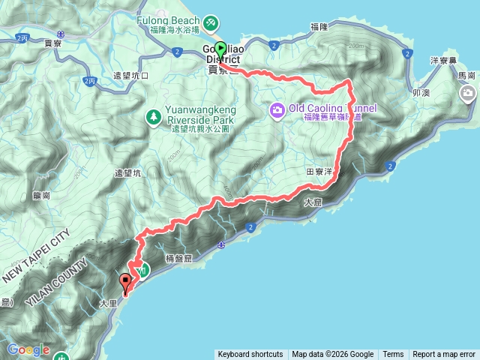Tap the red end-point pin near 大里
coord(126,282)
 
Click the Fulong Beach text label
coord(166,21)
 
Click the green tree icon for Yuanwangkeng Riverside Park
coord(154,116)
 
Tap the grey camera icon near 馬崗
coord(469,93)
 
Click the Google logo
coord(28,349)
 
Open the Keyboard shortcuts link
coord(250,355)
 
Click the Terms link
coord(393,355)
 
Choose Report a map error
coord(444,355)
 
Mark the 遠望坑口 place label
coord(131,76)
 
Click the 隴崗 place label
coord(42,194)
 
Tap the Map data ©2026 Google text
coord(333,355)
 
